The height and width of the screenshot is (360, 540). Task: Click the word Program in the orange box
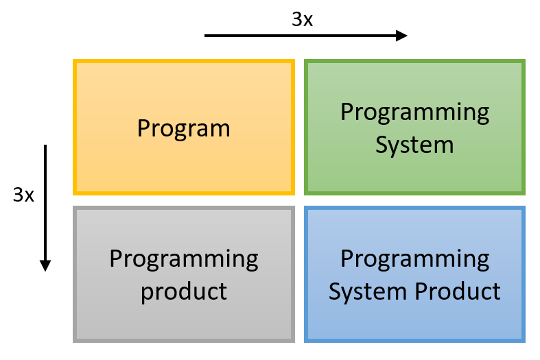(184, 129)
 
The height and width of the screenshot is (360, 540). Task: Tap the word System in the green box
(414, 145)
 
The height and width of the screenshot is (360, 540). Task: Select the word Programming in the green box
(414, 113)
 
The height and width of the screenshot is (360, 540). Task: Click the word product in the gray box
(184, 292)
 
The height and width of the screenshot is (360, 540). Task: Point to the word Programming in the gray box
(184, 259)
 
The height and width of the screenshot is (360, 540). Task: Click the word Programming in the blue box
(414, 259)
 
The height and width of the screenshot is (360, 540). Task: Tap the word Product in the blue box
(458, 291)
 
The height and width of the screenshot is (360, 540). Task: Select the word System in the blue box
(368, 292)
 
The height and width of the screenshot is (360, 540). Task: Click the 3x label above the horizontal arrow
(302, 19)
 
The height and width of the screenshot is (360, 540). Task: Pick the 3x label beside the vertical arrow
(23, 195)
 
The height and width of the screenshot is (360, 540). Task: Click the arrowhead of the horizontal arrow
(401, 36)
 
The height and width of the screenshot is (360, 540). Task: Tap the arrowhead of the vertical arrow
(45, 265)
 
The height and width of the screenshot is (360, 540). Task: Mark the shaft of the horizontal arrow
(301, 36)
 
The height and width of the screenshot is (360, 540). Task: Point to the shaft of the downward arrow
(45, 202)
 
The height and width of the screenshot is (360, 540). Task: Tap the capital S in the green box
(381, 145)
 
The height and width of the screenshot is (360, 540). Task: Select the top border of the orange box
(184, 62)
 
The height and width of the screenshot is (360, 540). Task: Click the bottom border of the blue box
(414, 340)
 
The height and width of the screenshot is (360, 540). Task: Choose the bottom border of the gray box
(184, 340)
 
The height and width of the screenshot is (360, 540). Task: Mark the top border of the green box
(414, 62)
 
